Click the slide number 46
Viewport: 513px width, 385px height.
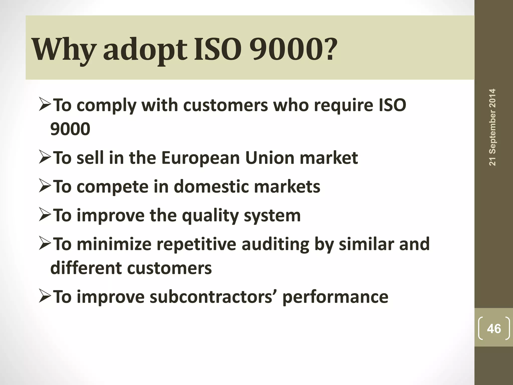point(494,329)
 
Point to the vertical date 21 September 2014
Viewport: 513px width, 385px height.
point(492,127)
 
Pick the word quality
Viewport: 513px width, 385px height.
point(210,216)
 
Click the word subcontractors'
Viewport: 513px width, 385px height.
point(213,297)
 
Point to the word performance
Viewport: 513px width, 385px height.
point(335,297)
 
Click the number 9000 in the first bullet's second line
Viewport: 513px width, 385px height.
point(70,129)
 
